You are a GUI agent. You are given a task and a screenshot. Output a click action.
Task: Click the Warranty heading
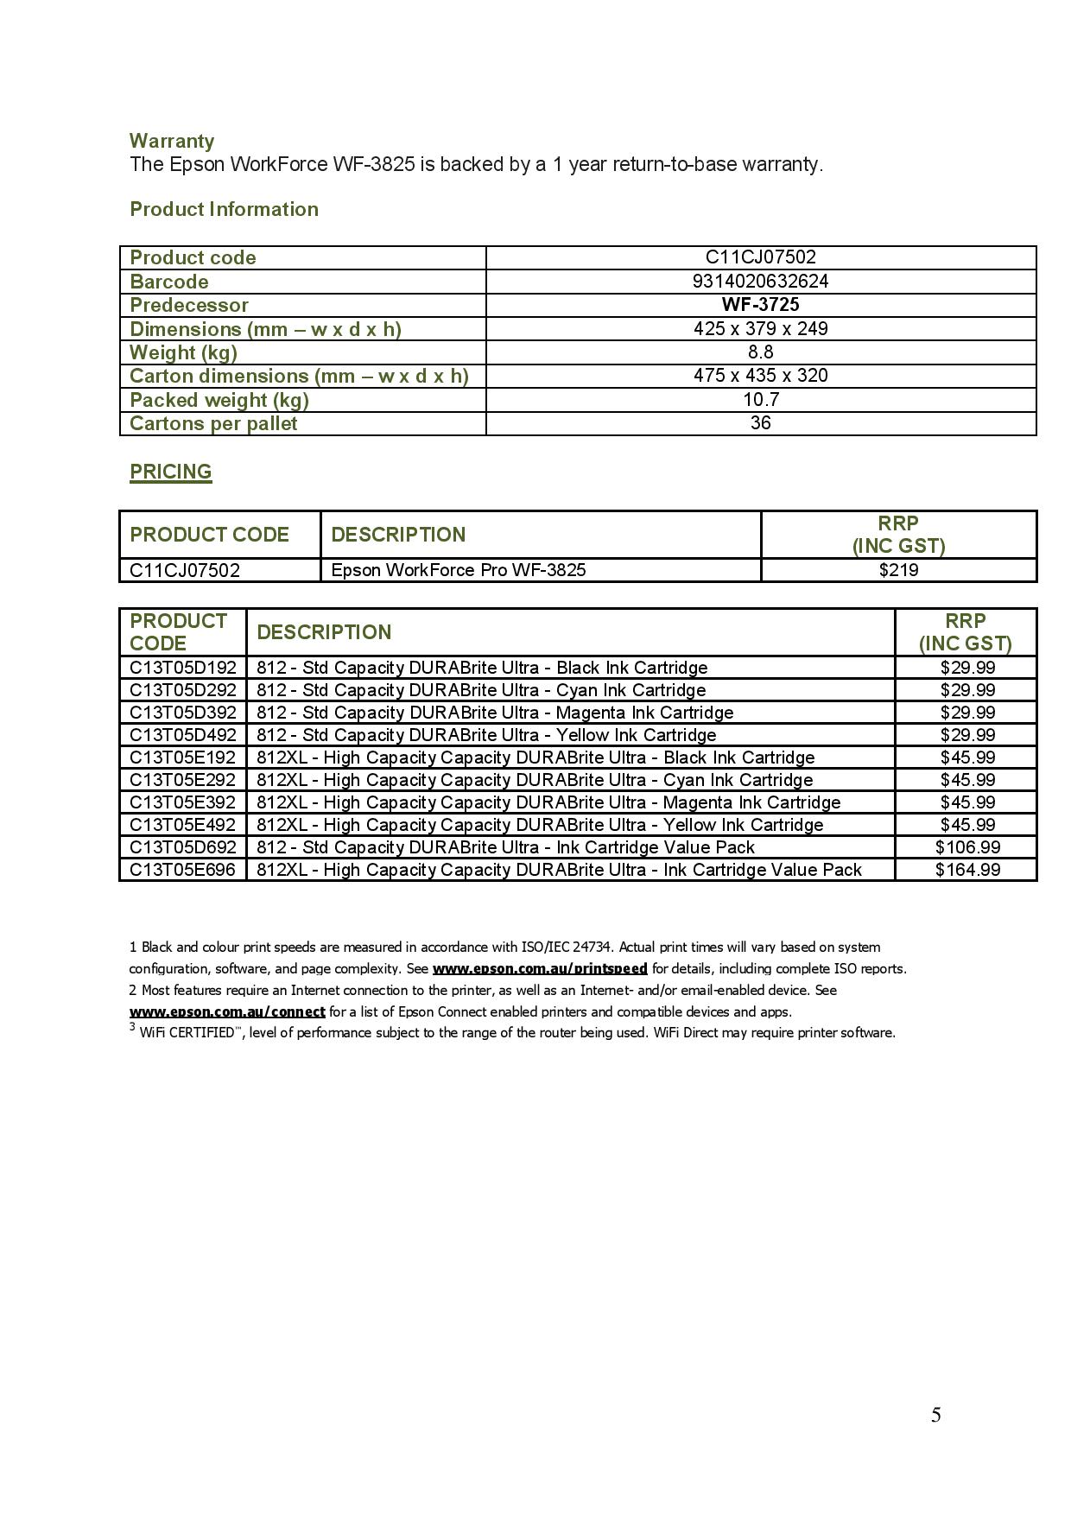[x=171, y=141]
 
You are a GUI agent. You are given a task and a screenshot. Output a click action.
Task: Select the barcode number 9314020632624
[x=760, y=281]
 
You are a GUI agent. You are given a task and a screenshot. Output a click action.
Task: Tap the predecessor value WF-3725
[x=760, y=304]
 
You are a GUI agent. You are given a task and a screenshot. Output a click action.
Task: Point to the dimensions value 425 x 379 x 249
[x=760, y=328]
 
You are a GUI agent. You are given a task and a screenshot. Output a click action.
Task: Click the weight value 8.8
[x=760, y=352]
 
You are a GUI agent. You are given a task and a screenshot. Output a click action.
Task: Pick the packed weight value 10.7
[x=760, y=399]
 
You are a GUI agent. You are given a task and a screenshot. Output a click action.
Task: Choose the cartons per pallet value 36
[x=760, y=422]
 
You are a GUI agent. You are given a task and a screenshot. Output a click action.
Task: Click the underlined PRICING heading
[x=170, y=472]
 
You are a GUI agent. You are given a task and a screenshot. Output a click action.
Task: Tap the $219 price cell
[x=898, y=570]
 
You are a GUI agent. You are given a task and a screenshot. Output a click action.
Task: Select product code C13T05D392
[x=182, y=713]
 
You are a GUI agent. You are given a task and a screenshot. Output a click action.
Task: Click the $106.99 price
[x=967, y=847]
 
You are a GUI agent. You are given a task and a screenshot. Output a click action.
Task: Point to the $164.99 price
[x=967, y=870]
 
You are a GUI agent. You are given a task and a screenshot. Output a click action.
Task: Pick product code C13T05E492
[x=182, y=825]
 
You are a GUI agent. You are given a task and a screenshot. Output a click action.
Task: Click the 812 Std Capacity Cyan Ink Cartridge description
[x=481, y=690]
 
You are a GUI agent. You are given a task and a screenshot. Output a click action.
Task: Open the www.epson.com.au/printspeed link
[x=540, y=969]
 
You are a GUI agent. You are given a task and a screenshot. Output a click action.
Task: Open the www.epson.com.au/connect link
[x=227, y=1011]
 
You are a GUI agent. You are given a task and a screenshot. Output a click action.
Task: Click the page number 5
[x=935, y=1415]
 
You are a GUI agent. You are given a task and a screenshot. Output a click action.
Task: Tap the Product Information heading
[x=224, y=209]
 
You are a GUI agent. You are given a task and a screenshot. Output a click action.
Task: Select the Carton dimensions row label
[x=299, y=376]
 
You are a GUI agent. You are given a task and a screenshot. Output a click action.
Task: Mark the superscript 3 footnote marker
[x=133, y=1027]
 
